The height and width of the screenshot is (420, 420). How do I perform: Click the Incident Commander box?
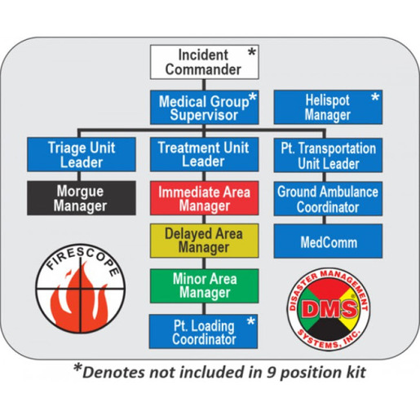point(205,62)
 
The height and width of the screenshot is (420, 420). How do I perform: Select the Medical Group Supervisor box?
point(205,108)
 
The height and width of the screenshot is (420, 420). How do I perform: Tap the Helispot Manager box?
point(328,108)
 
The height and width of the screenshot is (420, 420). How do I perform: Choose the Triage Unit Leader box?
point(82,154)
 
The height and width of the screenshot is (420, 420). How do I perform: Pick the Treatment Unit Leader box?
point(205,154)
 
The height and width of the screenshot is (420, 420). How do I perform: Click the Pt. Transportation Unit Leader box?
point(328,155)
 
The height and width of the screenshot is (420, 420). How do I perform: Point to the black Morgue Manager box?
point(82,198)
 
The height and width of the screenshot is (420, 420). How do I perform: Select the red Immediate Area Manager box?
point(205,198)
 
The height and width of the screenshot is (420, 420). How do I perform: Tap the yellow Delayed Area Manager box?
point(205,241)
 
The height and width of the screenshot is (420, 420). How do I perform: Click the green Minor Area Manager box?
point(205,286)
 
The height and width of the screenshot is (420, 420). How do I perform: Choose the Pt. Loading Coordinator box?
point(203,332)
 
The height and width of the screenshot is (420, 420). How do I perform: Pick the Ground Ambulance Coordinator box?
point(328,199)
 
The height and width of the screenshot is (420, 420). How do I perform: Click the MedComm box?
point(328,241)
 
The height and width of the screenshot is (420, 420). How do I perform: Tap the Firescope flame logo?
point(81,289)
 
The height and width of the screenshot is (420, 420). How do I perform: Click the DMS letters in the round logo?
point(329,308)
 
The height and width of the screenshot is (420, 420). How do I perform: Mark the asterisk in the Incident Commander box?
point(252,52)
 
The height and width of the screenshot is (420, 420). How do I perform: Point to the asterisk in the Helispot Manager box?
point(375,98)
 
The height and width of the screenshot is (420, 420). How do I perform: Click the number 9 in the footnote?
point(271,372)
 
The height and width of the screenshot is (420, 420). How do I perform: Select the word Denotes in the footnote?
point(114,372)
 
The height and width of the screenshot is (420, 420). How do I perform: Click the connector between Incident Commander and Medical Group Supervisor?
point(204,85)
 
